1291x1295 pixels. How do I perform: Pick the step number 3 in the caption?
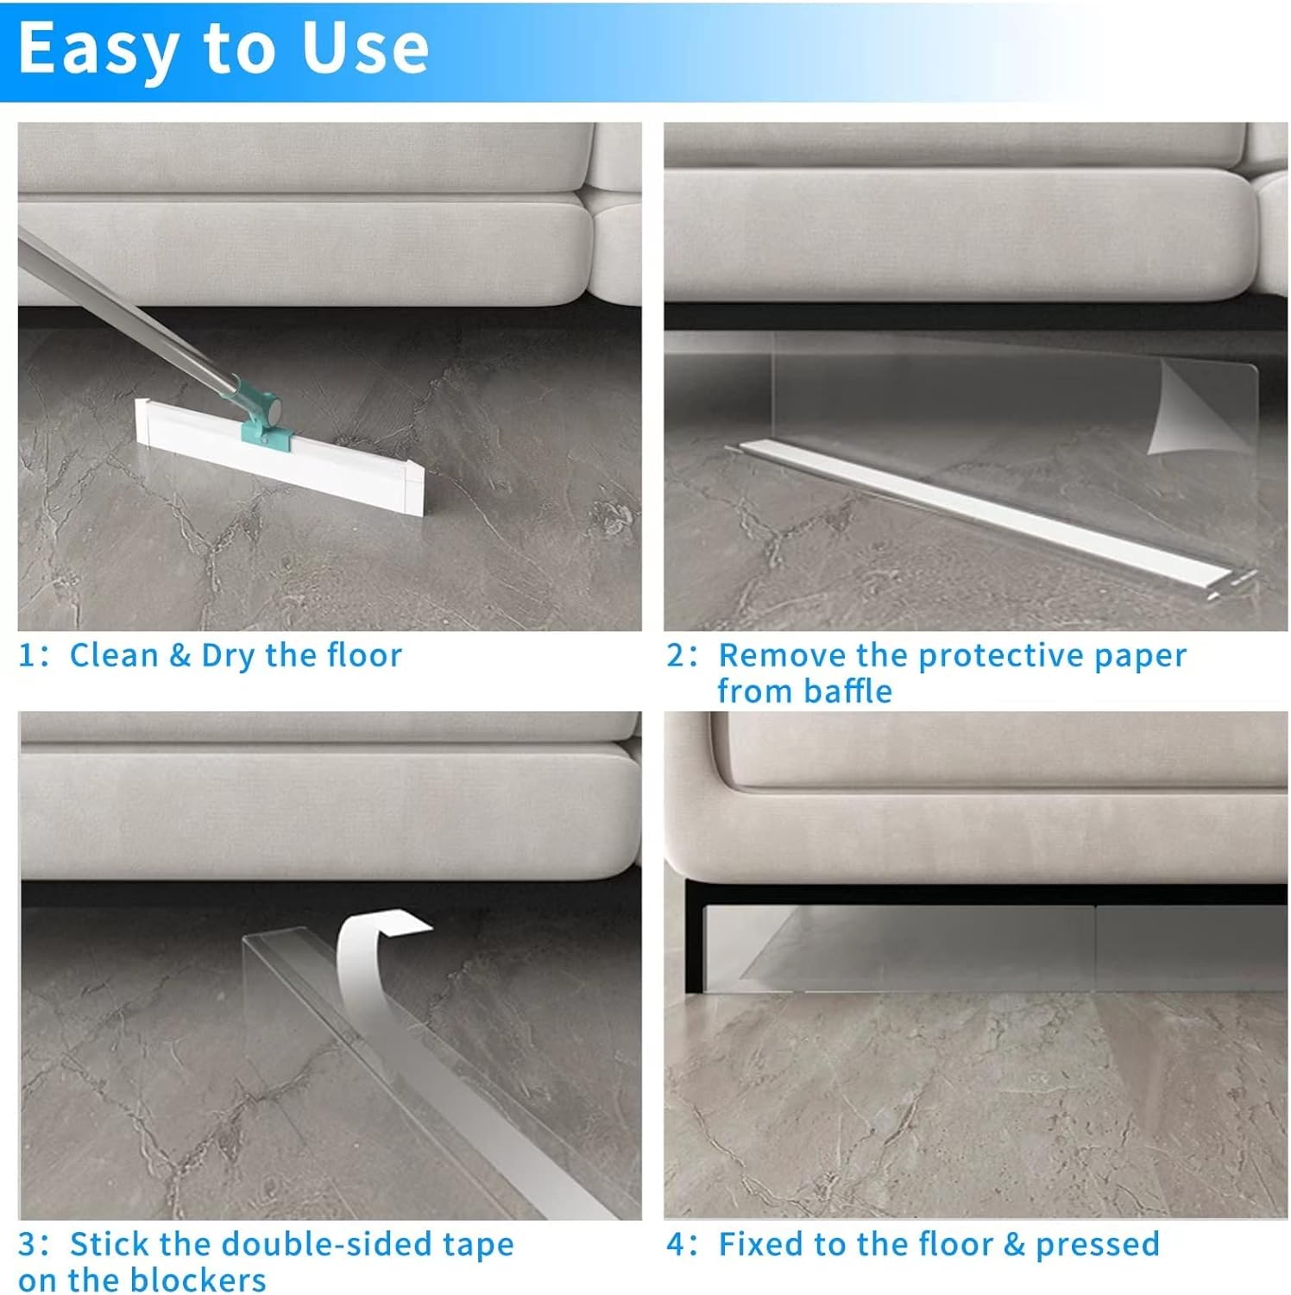[28, 1244]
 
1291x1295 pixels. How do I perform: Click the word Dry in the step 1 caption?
[228, 656]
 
